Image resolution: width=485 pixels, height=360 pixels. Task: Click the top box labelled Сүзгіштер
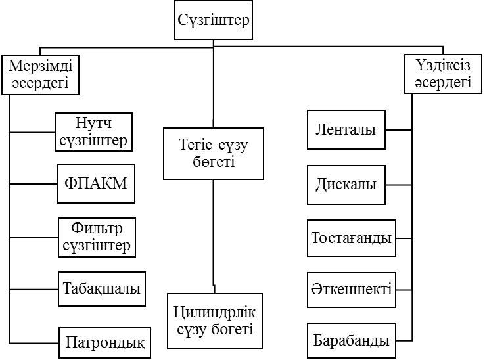click(x=214, y=20)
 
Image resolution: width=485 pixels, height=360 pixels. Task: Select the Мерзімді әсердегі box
click(x=39, y=75)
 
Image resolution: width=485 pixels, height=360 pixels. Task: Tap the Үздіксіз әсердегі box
click(x=443, y=74)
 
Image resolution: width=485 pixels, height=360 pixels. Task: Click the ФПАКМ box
click(x=96, y=184)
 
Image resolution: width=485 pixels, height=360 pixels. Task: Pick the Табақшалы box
click(x=103, y=289)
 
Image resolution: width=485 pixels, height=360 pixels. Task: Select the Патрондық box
click(x=105, y=342)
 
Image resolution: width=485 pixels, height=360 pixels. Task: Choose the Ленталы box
click(x=346, y=130)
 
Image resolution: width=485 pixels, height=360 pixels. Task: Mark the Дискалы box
click(x=346, y=184)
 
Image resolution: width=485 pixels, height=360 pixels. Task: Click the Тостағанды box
click(x=352, y=237)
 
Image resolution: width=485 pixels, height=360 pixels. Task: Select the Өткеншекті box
click(x=352, y=290)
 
